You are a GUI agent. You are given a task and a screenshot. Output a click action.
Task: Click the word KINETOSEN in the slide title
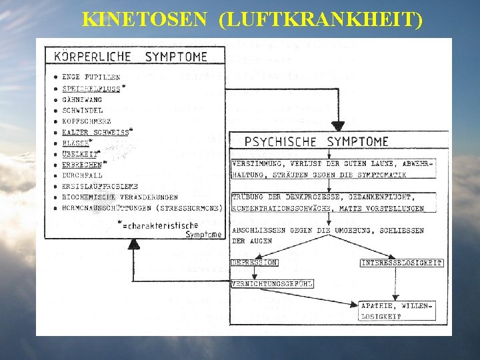pos(144,19)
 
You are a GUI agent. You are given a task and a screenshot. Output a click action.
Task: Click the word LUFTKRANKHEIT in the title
pos(320,19)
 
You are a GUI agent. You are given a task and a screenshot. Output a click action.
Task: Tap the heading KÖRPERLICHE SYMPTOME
pos(131,57)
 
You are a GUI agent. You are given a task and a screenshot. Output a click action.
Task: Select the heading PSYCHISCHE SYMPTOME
pos(317,141)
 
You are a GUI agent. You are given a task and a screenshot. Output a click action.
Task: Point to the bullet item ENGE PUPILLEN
pos(91,77)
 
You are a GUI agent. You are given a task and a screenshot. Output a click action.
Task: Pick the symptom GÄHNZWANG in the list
pos(82,99)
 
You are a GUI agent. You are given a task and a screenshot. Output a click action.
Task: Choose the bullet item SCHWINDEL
pos(82,110)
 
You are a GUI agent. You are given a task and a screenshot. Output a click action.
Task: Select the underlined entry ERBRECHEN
pos(81,164)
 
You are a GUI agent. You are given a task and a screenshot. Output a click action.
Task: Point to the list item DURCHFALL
pos(81,175)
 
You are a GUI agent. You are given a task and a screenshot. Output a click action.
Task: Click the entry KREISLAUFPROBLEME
pos(100,186)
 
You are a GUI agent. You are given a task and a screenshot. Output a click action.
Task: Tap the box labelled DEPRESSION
pos(254,263)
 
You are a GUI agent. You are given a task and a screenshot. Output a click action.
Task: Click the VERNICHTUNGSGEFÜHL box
pos(271,284)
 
